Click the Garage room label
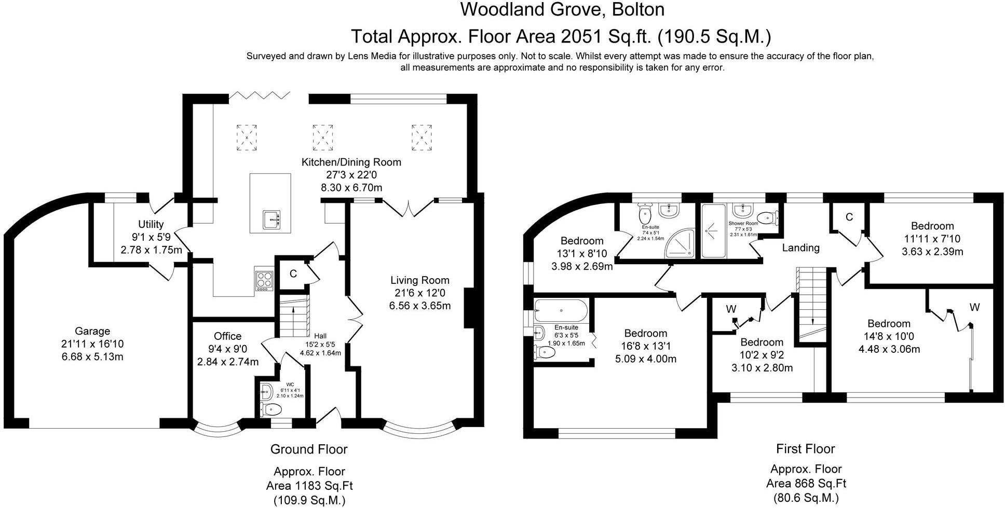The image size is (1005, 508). coord(92,331)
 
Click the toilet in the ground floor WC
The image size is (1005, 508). coord(271,409)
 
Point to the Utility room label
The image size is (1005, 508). coord(151,224)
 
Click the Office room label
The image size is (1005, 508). coord(228,336)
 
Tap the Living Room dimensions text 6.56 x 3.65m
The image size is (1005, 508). coord(420,306)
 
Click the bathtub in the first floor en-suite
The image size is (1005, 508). coord(561,311)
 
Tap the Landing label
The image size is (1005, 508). coord(801,248)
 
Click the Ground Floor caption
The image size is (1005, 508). coord(309,449)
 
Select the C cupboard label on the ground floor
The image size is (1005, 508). coord(293,273)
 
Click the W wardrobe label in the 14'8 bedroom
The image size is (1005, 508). coord(974,307)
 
